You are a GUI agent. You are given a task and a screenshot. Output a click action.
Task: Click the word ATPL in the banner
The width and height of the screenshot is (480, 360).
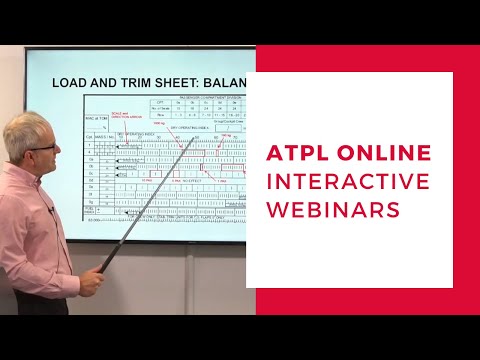click(298, 153)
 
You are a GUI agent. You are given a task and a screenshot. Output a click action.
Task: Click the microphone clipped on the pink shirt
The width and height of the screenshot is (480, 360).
click(50, 208)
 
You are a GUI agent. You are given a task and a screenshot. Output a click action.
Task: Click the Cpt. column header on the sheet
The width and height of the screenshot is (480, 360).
click(88, 133)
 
